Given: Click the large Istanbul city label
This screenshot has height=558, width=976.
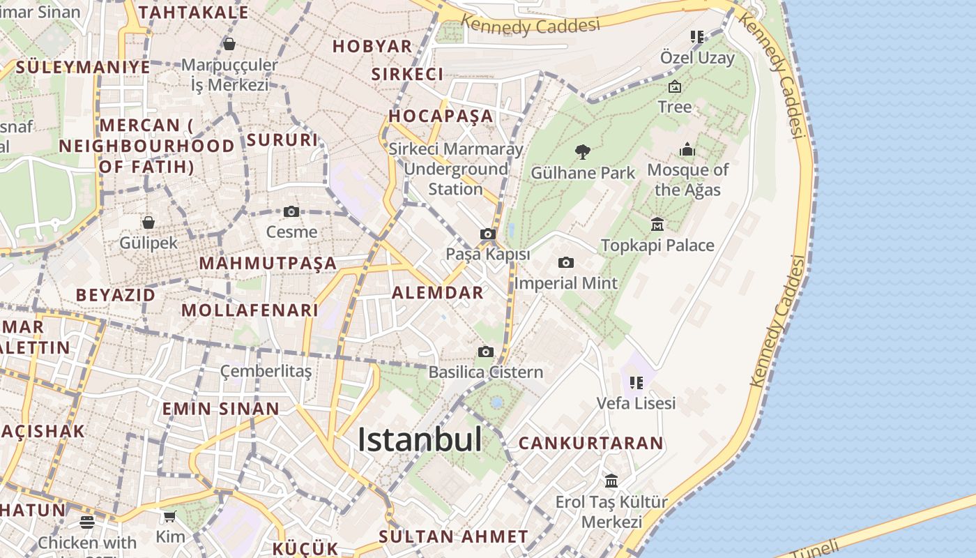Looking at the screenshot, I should pyautogui.click(x=420, y=440).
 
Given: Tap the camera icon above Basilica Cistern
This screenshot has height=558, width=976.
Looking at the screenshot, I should pyautogui.click(x=486, y=352).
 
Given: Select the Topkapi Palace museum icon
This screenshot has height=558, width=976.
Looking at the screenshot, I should pyautogui.click(x=657, y=225).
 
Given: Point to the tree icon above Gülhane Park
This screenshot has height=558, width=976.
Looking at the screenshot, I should pyautogui.click(x=582, y=151).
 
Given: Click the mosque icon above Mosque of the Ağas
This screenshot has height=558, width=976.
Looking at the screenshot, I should pyautogui.click(x=687, y=149).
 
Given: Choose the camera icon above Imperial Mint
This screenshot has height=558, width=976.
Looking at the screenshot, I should pyautogui.click(x=566, y=262).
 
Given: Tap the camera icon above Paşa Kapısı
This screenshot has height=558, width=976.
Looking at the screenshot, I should pyautogui.click(x=488, y=234).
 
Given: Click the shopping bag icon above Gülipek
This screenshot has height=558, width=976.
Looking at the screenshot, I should pyautogui.click(x=148, y=223).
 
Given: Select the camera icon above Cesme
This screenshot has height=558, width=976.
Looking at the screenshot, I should pyautogui.click(x=291, y=211).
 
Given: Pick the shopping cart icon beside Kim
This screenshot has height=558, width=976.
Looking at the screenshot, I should pyautogui.click(x=170, y=517).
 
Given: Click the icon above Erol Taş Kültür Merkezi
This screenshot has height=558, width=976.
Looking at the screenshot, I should pyautogui.click(x=611, y=481).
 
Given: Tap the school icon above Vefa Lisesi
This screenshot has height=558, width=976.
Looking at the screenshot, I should pyautogui.click(x=636, y=382).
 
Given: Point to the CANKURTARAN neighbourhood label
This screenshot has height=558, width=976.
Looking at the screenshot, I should pyautogui.click(x=590, y=443).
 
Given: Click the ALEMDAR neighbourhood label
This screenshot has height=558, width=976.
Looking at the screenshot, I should pyautogui.click(x=438, y=292).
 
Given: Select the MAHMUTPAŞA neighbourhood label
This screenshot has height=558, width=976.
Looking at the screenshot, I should pyautogui.click(x=268, y=264).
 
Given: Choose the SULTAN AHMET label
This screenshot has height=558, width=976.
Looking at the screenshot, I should pyautogui.click(x=453, y=536).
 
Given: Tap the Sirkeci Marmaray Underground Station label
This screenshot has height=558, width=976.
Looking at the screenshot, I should pyautogui.click(x=456, y=169).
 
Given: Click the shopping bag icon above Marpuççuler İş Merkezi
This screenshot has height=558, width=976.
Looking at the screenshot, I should pyautogui.click(x=229, y=44).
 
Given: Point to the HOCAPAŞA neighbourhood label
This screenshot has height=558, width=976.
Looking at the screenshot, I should pyautogui.click(x=441, y=116).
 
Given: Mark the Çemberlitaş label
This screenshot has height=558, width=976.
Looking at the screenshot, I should pyautogui.click(x=266, y=371).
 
